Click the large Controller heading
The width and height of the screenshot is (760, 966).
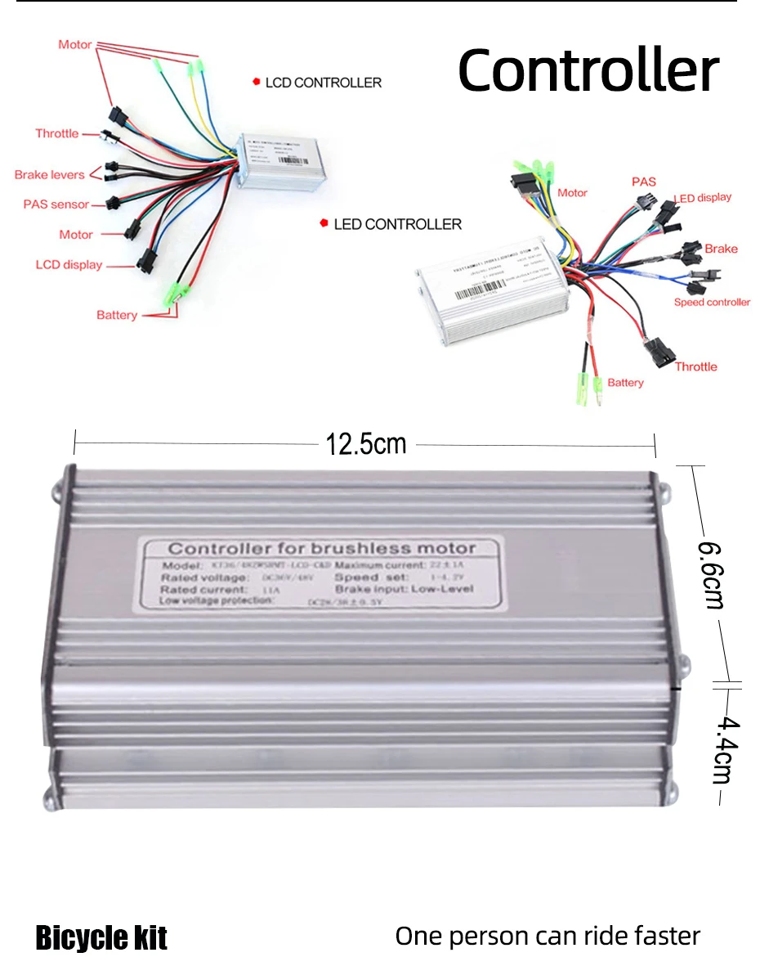(x=588, y=70)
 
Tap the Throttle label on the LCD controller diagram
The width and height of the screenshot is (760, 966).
(x=57, y=133)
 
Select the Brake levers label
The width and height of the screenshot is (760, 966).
(x=50, y=174)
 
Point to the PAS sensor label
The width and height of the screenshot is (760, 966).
(x=56, y=204)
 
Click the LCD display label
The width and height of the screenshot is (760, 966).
(x=69, y=264)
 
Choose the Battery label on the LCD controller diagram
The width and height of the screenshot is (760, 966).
(x=117, y=315)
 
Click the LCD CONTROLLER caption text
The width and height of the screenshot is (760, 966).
(x=324, y=83)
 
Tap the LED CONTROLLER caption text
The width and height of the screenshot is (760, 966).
(x=397, y=224)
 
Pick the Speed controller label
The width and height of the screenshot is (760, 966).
(x=712, y=302)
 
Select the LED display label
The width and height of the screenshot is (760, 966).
(x=703, y=197)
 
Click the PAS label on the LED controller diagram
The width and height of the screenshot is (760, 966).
(x=644, y=181)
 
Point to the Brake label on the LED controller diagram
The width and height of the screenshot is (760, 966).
(x=721, y=249)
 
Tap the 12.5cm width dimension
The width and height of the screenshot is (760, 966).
(x=365, y=444)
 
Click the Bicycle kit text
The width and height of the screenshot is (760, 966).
(x=101, y=937)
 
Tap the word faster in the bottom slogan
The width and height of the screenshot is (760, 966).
(x=664, y=936)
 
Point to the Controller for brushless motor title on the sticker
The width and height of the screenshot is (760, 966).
(x=321, y=549)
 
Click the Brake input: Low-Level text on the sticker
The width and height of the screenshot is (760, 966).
(x=404, y=589)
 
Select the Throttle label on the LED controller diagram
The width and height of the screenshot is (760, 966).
(x=695, y=366)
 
